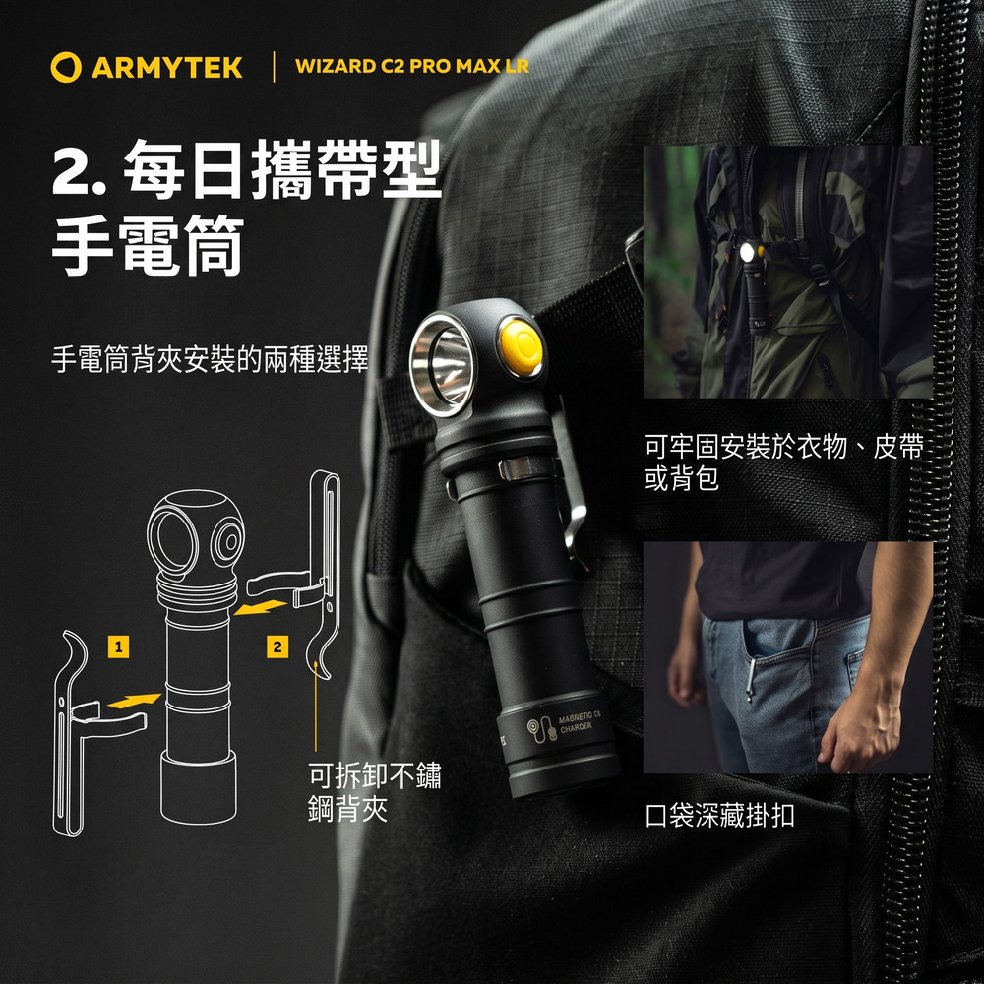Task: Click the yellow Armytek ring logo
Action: coord(66,67)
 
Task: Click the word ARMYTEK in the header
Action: coord(167,68)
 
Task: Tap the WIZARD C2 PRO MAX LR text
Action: coord(411,66)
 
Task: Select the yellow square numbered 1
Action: coord(119,646)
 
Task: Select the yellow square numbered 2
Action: coord(277,646)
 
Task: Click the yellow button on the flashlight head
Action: coord(521,347)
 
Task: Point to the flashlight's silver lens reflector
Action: coord(443,365)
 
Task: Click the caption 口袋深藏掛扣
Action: coord(720,815)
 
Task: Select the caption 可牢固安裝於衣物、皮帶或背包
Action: coord(784,462)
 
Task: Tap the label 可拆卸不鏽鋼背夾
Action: coord(375,792)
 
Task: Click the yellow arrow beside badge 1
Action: coord(133,701)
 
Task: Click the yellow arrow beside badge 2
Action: coord(260,607)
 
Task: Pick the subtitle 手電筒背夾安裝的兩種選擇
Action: coord(210,359)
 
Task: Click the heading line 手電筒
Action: coord(149,245)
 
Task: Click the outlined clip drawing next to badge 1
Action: coord(81,735)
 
